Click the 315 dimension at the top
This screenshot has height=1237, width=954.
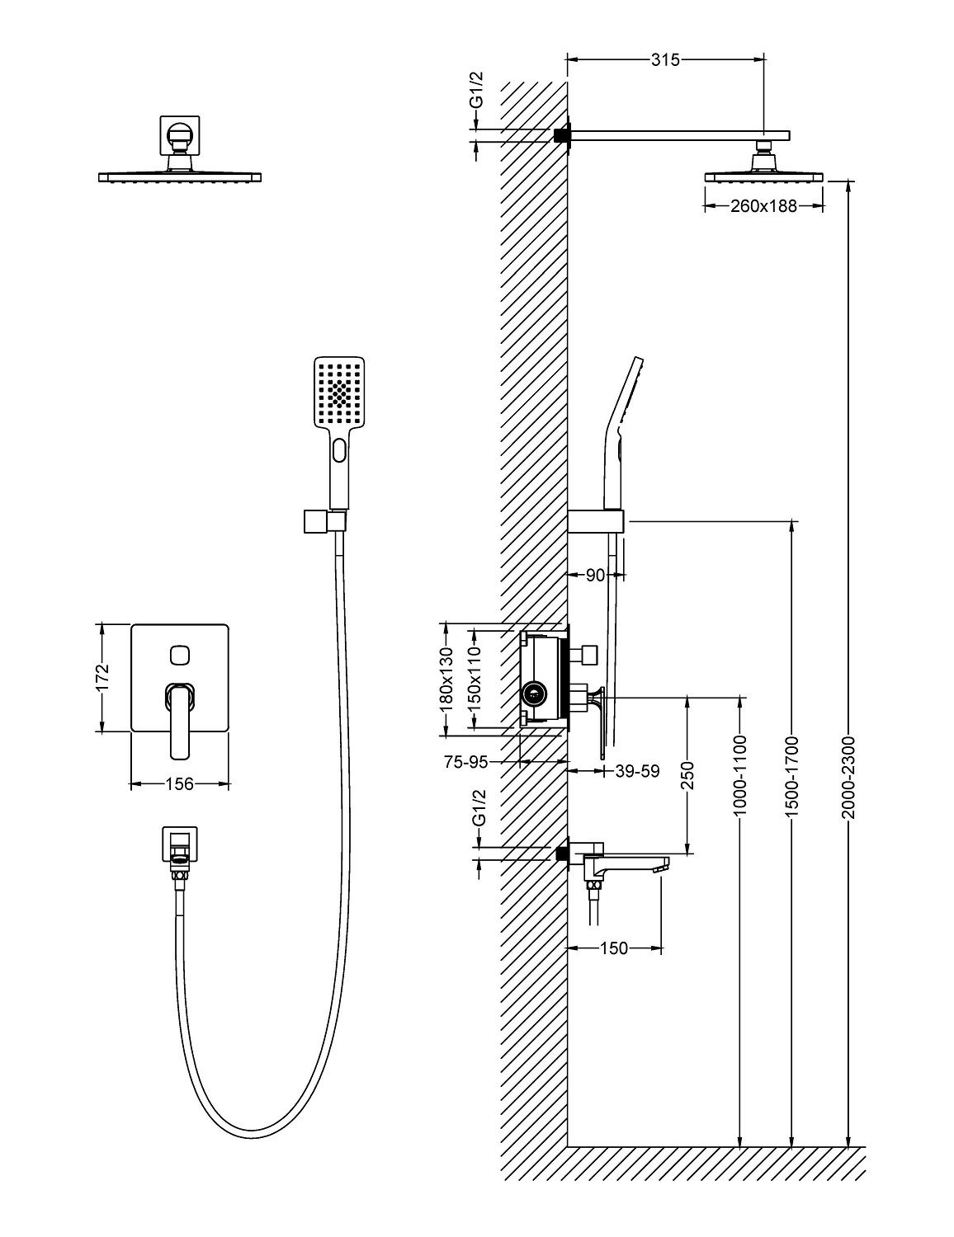pos(664,59)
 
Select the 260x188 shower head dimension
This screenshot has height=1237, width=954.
pos(763,206)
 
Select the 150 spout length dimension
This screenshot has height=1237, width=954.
pos(614,948)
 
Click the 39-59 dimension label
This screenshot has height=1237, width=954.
pos(638,771)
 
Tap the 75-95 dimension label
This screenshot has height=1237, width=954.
pos(465,763)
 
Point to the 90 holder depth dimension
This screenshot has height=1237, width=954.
pos(596,575)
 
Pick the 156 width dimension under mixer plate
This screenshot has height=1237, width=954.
pos(179,783)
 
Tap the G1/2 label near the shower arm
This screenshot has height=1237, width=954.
pos(476,91)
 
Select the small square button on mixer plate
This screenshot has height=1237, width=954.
pos(179,656)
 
